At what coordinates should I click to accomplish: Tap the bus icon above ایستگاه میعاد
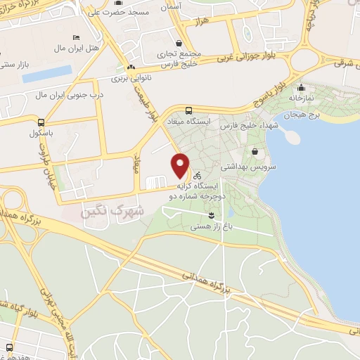coord(188,110)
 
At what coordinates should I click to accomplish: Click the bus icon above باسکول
coord(41,121)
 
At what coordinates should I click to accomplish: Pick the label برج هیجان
coord(302,114)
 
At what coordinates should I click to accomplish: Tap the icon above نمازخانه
coord(301,88)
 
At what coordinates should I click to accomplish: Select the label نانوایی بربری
coord(132,79)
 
